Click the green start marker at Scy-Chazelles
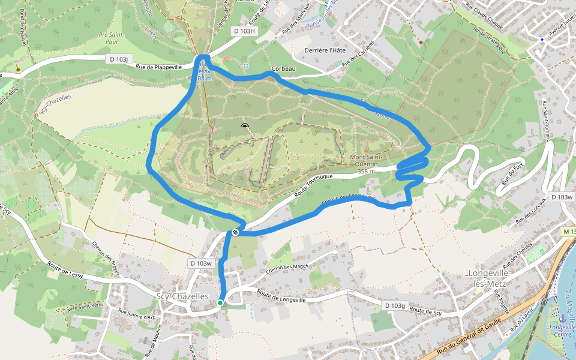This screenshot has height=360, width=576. coord(220,303)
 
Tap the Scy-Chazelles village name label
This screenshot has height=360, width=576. coord(182,296)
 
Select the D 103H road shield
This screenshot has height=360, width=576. coord(244,31)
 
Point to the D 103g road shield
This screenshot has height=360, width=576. coord(395,306)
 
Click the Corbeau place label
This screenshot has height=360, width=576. coord(284,69)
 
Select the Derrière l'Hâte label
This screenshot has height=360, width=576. coord(325,50)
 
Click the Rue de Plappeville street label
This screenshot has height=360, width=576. coord(159,67)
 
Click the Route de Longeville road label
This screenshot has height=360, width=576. coord(281,295)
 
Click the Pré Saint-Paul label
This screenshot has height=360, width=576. coord(111,38)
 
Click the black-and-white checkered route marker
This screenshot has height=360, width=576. coord(236,232)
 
